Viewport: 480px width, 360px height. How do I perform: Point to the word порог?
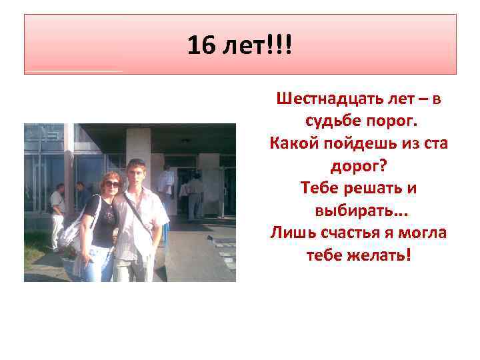pyautogui.click(x=390, y=123)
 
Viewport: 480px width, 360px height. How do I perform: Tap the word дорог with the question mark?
pyautogui.click(x=359, y=166)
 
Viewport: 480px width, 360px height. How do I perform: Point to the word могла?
pyautogui.click(x=423, y=233)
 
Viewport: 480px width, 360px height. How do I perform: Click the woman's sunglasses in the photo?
pyautogui.click(x=111, y=183)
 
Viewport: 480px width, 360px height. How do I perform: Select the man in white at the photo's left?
pyautogui.click(x=57, y=213)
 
